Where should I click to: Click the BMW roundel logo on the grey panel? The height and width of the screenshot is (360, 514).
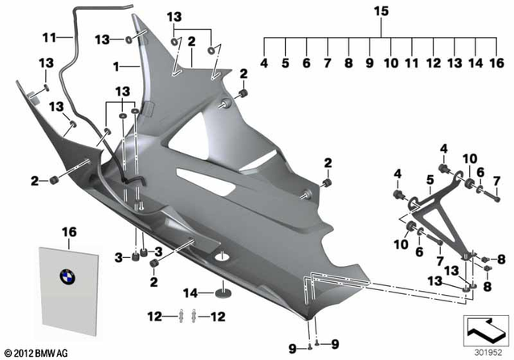click(x=67, y=275)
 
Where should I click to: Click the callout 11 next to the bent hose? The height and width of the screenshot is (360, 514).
click(x=47, y=37)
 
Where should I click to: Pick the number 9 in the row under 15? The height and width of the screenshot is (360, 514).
click(x=369, y=63)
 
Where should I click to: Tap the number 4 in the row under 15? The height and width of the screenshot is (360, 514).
click(x=264, y=63)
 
